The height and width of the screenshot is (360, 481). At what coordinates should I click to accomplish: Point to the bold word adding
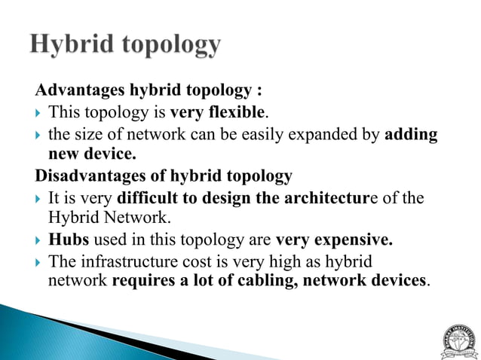(x=412, y=135)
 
